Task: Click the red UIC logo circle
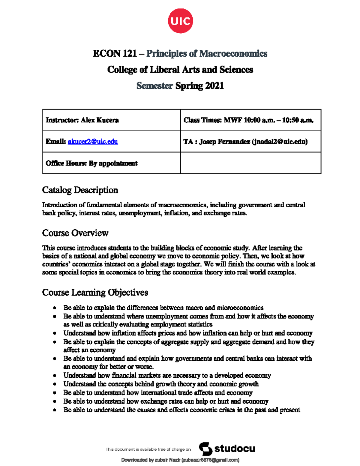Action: (x=180, y=21)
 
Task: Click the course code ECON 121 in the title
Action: (x=115, y=54)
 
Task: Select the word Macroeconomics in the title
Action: (x=233, y=54)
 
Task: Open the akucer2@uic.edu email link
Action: (x=93, y=142)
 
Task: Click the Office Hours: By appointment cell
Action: (x=91, y=163)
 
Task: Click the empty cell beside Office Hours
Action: (x=250, y=163)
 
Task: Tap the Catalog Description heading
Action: (x=80, y=190)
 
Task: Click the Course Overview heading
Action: (x=75, y=233)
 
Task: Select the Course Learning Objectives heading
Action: (x=95, y=293)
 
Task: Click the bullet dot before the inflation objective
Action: (x=54, y=333)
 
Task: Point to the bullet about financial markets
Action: (x=167, y=376)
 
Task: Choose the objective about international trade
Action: (x=158, y=393)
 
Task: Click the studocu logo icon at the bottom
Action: (x=205, y=449)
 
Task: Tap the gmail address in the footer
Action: (x=210, y=460)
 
